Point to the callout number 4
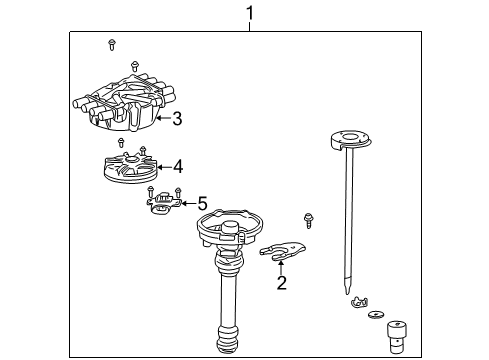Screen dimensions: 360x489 pos(178,167)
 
